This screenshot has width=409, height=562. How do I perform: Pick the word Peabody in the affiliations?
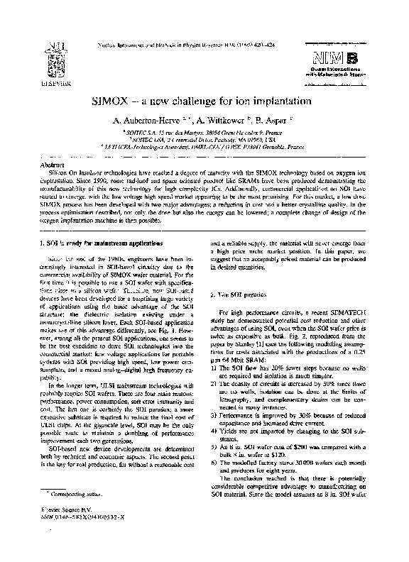point(214,141)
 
